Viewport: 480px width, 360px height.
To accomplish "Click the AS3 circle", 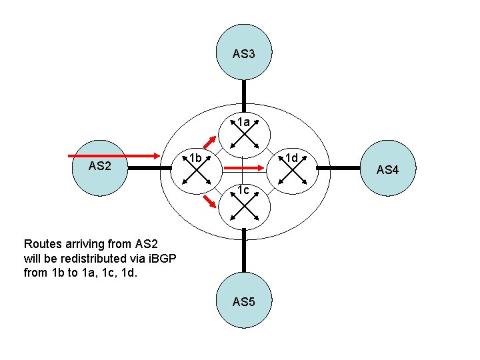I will coord(244,53).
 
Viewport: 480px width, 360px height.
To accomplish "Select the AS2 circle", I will coord(99,167).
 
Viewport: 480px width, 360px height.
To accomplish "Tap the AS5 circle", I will coord(243,301).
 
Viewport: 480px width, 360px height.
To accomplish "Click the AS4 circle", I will coord(387,169).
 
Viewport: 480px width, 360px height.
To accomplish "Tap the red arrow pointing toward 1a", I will coord(209,143).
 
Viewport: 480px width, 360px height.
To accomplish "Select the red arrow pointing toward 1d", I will coord(241,168).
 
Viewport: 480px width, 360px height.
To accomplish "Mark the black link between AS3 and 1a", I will coord(244,94).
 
